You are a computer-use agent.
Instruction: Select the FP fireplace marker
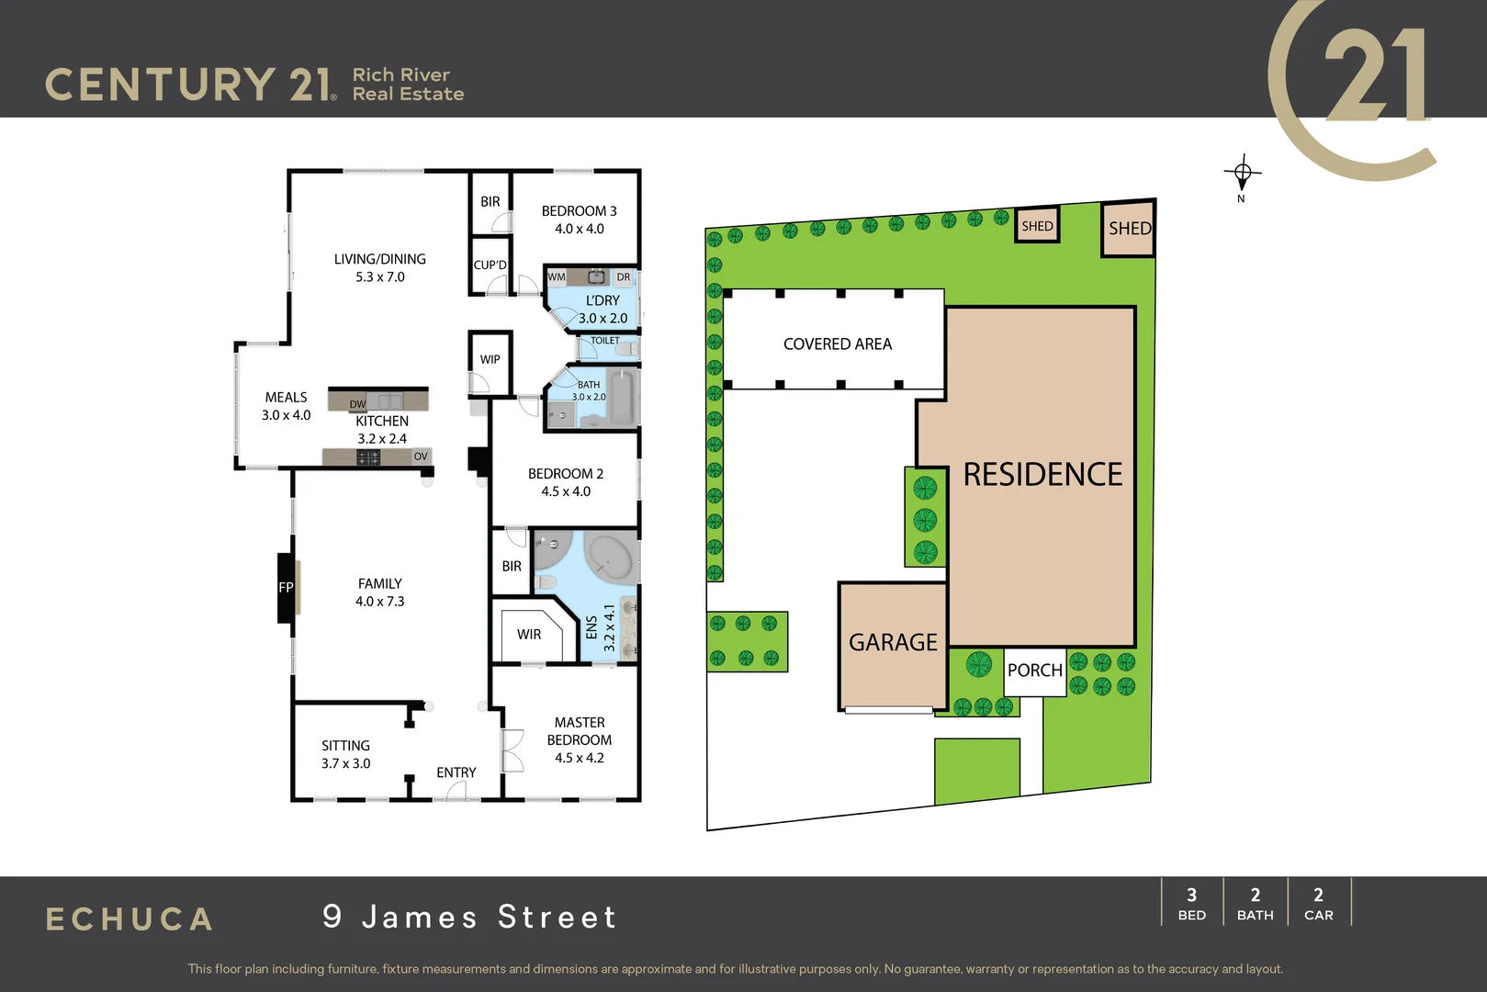tap(286, 588)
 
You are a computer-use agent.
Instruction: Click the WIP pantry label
tap(490, 359)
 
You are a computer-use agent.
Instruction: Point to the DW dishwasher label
tap(357, 404)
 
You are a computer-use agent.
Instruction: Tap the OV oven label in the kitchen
tap(421, 457)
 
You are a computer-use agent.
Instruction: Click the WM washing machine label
tap(557, 276)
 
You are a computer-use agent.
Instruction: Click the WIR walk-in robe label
tap(529, 634)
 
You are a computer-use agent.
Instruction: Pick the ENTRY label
tap(456, 772)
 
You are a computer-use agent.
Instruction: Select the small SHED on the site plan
tap(1037, 226)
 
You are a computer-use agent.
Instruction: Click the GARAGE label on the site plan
tap(893, 642)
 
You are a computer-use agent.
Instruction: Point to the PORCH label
tap(1034, 670)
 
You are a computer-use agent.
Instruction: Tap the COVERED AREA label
tap(838, 344)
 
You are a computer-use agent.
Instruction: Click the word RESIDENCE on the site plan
tap(1042, 474)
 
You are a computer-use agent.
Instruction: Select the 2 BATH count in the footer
tap(1255, 903)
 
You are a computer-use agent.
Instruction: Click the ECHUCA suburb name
tap(130, 919)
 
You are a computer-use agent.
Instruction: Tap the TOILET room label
tap(605, 341)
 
